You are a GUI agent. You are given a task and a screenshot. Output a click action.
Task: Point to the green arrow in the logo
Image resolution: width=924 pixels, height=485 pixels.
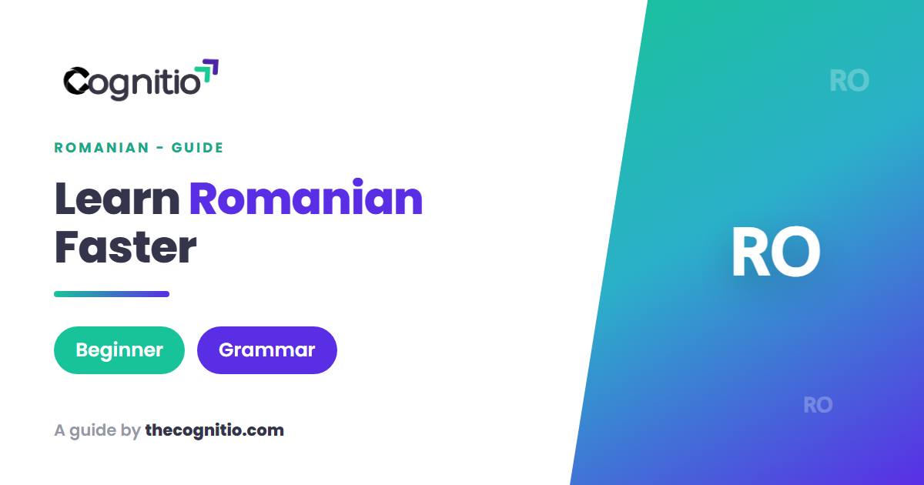pyautogui.click(x=203, y=73)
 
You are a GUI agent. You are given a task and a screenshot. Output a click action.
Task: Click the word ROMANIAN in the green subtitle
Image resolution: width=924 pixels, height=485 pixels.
pyautogui.click(x=102, y=148)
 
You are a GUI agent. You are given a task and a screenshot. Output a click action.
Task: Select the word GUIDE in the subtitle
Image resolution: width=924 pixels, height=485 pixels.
pyautogui.click(x=197, y=148)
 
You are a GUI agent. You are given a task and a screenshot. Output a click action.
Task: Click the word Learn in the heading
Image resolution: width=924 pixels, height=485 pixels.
pyautogui.click(x=117, y=199)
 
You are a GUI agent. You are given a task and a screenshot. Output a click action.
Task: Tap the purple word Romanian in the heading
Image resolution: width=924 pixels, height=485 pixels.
pyautogui.click(x=306, y=197)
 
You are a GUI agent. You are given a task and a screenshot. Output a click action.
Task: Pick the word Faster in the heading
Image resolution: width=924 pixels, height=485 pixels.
pyautogui.click(x=126, y=246)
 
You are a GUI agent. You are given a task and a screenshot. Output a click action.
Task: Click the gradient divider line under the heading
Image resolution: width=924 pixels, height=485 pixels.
pyautogui.click(x=112, y=294)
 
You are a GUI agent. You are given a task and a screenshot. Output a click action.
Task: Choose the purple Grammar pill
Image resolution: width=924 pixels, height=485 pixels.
pyautogui.click(x=267, y=350)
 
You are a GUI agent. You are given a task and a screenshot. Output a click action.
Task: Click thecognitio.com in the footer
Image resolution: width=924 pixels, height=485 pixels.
pyautogui.click(x=215, y=430)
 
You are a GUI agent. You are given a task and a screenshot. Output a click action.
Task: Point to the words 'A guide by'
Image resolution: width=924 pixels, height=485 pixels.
pyautogui.click(x=98, y=430)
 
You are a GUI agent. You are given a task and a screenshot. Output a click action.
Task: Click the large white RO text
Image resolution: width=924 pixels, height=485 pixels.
pyautogui.click(x=776, y=252)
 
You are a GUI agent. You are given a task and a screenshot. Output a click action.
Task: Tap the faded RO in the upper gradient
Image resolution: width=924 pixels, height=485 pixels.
pyautogui.click(x=849, y=80)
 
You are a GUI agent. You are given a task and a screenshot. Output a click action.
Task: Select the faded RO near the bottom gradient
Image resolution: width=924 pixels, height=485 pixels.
pyautogui.click(x=818, y=405)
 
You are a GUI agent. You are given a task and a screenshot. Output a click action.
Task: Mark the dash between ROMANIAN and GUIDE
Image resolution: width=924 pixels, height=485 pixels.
pyautogui.click(x=160, y=148)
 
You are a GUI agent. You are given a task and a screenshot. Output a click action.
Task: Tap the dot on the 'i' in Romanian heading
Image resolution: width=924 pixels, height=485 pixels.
pyautogui.click(x=357, y=182)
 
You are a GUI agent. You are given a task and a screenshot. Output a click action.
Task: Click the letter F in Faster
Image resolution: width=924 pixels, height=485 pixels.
pyautogui.click(x=66, y=246)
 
